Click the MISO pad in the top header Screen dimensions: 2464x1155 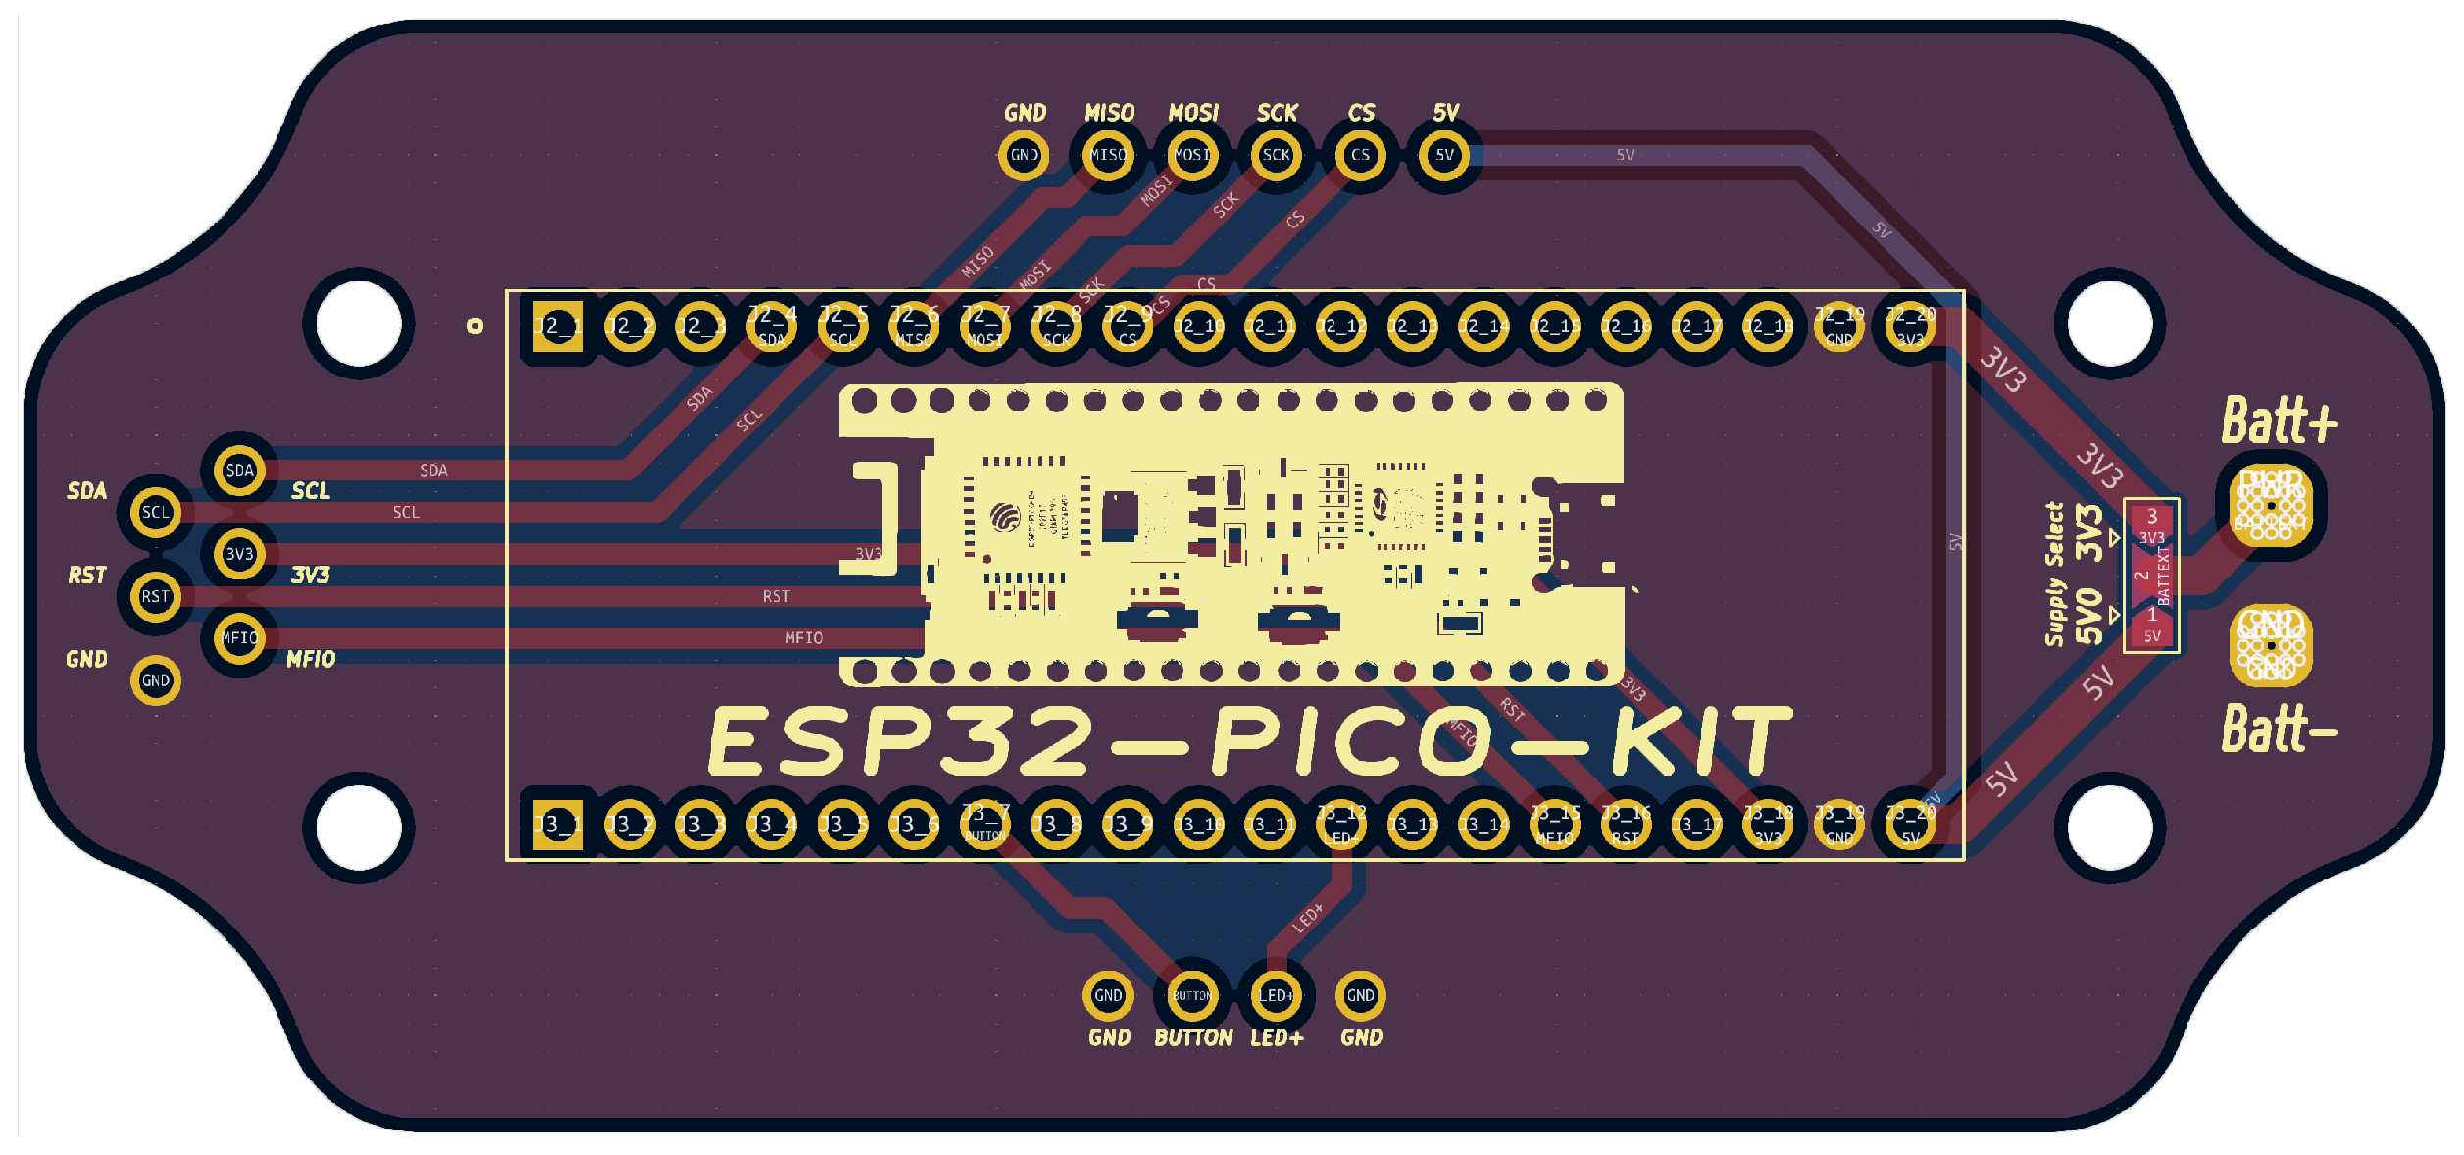pyautogui.click(x=1108, y=155)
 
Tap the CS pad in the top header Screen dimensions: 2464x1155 pyautogui.click(x=1360, y=155)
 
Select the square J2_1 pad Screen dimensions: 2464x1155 pyautogui.click(x=557, y=326)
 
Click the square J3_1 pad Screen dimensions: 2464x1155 pyautogui.click(x=557, y=825)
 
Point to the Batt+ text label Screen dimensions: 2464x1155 pyautogui.click(x=2278, y=422)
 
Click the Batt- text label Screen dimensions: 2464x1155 pyautogui.click(x=2278, y=729)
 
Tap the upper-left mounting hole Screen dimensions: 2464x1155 pyautogui.click(x=359, y=324)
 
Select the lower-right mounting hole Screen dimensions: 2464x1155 pyautogui.click(x=2110, y=827)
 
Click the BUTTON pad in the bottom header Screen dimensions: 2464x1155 pyautogui.click(x=1192, y=996)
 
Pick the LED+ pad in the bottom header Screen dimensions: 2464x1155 pyautogui.click(x=1276, y=996)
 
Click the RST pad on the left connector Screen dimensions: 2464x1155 pyautogui.click(x=155, y=596)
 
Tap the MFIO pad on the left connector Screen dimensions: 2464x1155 pyautogui.click(x=239, y=638)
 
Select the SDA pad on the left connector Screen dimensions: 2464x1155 pyautogui.click(x=239, y=471)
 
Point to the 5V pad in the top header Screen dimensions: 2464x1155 pyautogui.click(x=1444, y=155)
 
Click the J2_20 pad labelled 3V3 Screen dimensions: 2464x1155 pyautogui.click(x=1910, y=326)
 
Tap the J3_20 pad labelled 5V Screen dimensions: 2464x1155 pyautogui.click(x=1910, y=825)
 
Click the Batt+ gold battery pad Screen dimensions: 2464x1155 pyautogui.click(x=2271, y=506)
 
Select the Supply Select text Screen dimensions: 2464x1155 pyautogui.click(x=2054, y=575)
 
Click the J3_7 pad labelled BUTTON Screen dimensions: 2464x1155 pyautogui.click(x=984, y=825)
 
